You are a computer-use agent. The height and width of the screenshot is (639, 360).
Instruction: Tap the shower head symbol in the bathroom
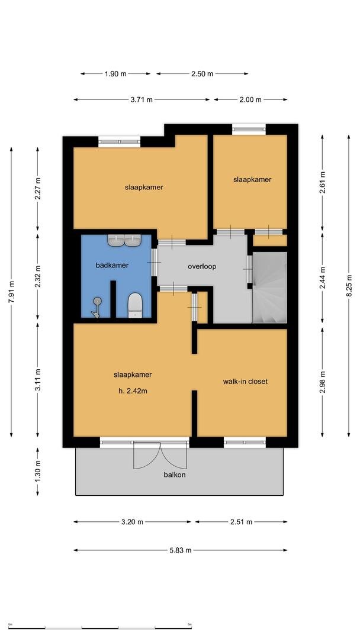pyautogui.click(x=97, y=307)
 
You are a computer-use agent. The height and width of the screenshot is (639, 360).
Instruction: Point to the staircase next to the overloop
pyautogui.click(x=269, y=288)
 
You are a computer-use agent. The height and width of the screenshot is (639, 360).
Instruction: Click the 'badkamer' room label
pyautogui.click(x=112, y=265)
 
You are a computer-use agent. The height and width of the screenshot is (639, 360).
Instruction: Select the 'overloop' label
pyautogui.click(x=202, y=267)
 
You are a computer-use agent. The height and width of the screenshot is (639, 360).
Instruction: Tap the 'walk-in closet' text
pyautogui.click(x=245, y=382)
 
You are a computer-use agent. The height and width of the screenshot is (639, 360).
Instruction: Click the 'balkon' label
pyautogui.click(x=175, y=475)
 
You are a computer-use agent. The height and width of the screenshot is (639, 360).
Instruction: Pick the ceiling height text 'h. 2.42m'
pyautogui.click(x=133, y=391)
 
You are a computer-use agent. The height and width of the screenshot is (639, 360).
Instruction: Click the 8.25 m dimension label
pyautogui.click(x=349, y=286)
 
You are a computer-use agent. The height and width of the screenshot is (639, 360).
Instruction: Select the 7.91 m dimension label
pyautogui.click(x=11, y=292)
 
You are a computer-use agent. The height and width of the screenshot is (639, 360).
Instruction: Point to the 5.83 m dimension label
pyautogui.click(x=181, y=550)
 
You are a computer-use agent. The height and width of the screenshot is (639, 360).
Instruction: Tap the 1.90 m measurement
pyautogui.click(x=115, y=74)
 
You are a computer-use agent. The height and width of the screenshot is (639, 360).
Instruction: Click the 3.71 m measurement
pyautogui.click(x=142, y=99)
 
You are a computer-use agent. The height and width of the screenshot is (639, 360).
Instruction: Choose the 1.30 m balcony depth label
pyautogui.click(x=38, y=472)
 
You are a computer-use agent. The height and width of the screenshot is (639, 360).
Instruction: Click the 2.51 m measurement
pyautogui.click(x=242, y=522)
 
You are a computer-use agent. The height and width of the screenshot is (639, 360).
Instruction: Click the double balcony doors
pyautogui.click(x=160, y=454)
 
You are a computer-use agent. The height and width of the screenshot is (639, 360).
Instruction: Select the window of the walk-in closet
pyautogui.click(x=245, y=442)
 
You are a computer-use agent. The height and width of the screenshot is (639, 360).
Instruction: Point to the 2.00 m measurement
pyautogui.click(x=250, y=99)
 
